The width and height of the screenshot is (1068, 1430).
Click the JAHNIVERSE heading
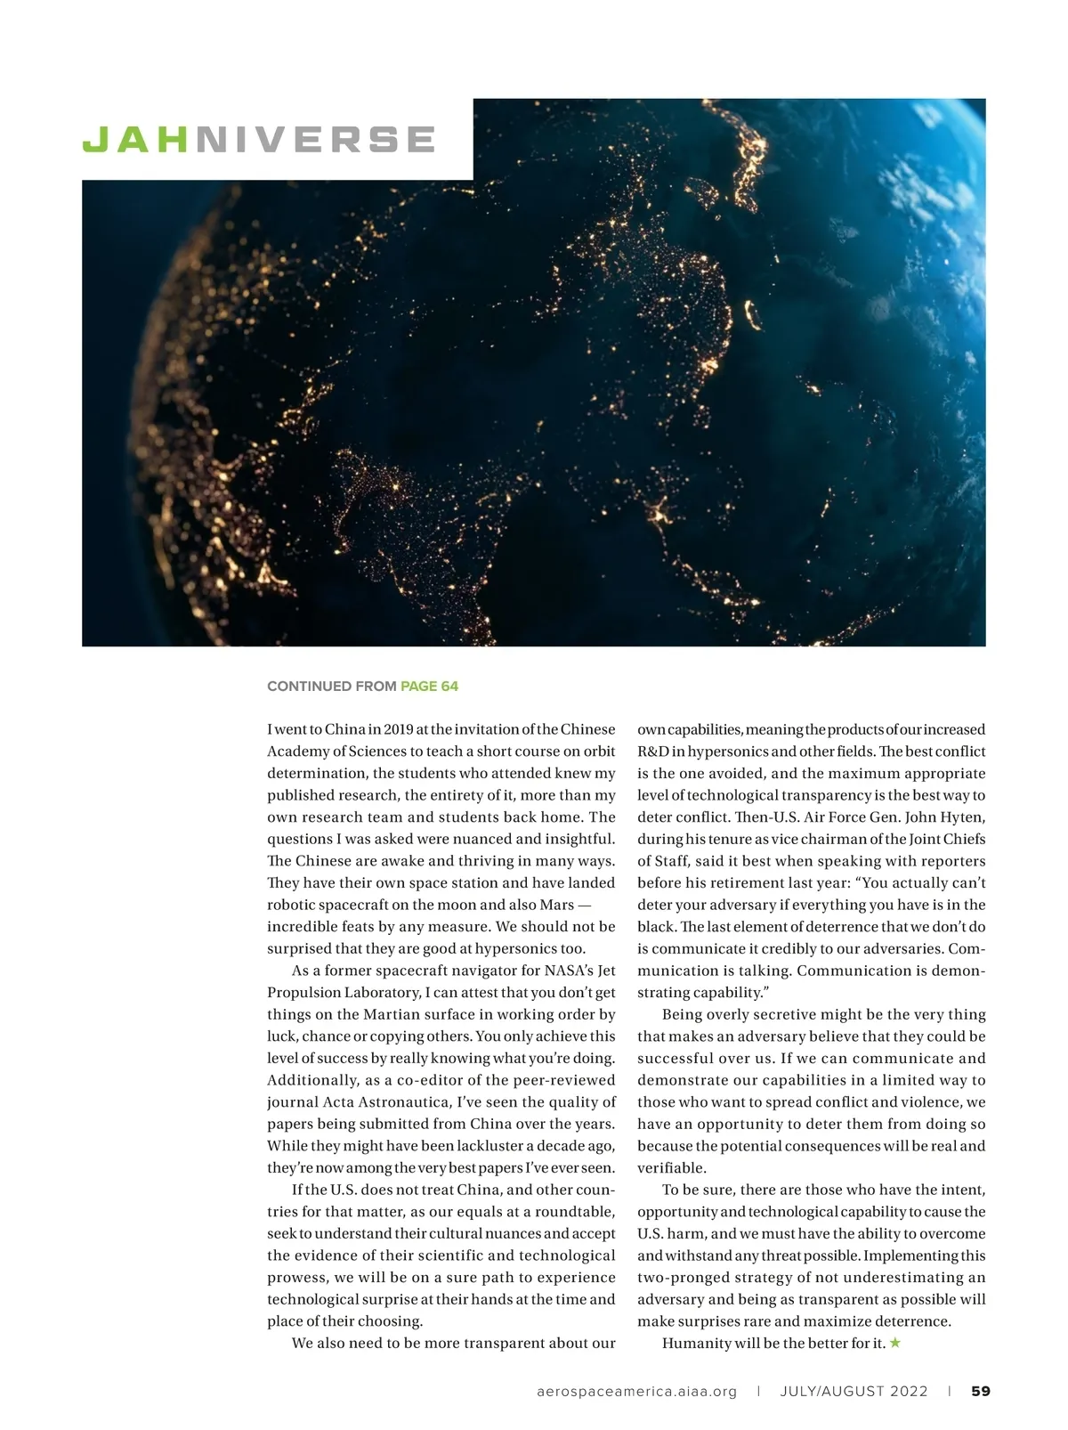(258, 140)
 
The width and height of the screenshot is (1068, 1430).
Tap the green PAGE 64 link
(429, 686)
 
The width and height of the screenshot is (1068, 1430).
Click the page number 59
(980, 1391)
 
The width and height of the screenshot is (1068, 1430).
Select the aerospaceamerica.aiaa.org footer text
(637, 1391)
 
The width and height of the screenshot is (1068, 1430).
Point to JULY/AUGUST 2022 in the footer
(854, 1391)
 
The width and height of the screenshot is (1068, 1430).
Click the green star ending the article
(895, 1343)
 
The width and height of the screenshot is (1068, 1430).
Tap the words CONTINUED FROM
(331, 686)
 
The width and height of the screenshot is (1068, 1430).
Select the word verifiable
(671, 1167)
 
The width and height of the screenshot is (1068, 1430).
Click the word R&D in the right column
(653, 752)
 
